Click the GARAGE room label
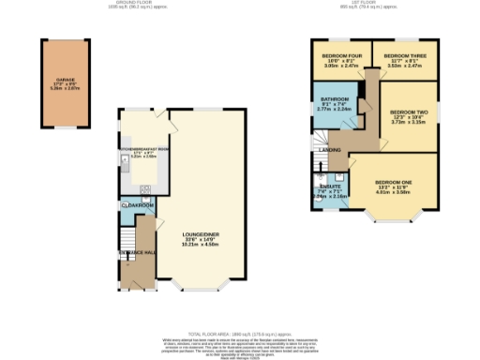pos(65,81)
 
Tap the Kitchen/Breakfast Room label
pos(143,148)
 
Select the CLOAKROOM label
pos(138,204)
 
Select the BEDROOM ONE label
pos(394,182)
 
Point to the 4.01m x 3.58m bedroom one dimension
pos(394,193)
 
